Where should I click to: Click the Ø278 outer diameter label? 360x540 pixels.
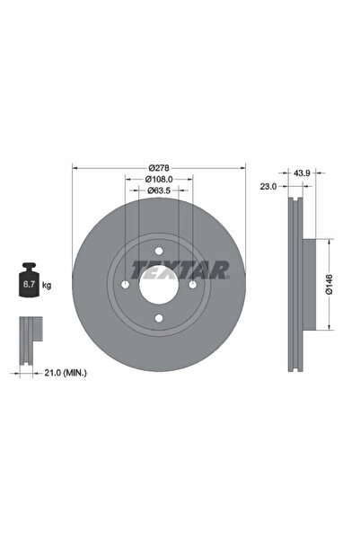click(159, 168)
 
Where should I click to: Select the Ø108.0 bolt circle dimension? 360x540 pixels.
click(159, 180)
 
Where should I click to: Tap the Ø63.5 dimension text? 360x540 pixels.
click(159, 191)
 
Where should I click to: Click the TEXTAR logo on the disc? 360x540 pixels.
click(180, 269)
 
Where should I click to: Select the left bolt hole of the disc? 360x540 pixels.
click(126, 285)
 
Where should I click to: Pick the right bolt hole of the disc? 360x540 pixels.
click(192, 285)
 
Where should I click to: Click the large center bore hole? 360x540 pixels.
click(159, 285)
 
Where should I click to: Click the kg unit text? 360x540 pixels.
click(46, 285)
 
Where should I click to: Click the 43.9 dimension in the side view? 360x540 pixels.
click(303, 172)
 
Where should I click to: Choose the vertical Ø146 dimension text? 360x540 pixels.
click(329, 285)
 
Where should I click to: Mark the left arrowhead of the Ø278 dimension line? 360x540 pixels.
click(75, 168)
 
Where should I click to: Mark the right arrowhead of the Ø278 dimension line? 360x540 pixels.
click(243, 168)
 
